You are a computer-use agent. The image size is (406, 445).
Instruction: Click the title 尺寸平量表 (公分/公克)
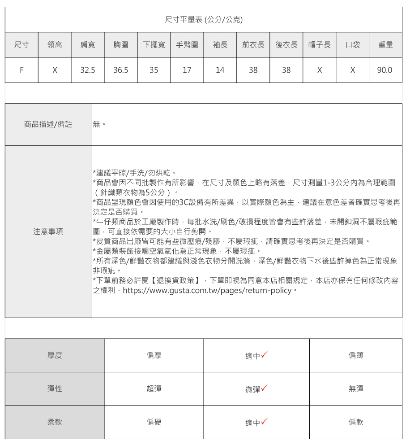pyautogui.click(x=204, y=20)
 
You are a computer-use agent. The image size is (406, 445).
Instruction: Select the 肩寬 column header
pyautogui.click(x=88, y=45)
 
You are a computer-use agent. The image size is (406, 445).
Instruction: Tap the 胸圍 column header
pyautogui.click(x=121, y=45)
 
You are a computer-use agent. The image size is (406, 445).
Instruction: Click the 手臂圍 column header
pyautogui.click(x=187, y=45)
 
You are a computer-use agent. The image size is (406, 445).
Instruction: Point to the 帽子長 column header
pyautogui.click(x=320, y=45)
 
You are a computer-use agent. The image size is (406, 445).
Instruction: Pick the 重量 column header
pyautogui.click(x=385, y=45)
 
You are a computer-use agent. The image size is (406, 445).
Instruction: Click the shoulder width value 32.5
pyautogui.click(x=88, y=70)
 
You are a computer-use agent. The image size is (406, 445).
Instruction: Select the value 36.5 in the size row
pyautogui.click(x=121, y=70)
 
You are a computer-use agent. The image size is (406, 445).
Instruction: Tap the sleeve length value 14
pyautogui.click(x=220, y=70)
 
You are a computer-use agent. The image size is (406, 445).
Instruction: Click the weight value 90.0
pyautogui.click(x=385, y=70)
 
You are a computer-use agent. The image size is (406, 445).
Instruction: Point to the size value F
pyautogui.click(x=21, y=70)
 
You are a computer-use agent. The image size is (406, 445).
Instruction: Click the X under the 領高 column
pyautogui.click(x=55, y=70)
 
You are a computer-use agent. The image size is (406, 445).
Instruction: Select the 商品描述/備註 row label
pyautogui.click(x=48, y=124)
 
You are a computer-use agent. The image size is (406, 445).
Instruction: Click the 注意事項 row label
pyautogui.click(x=48, y=231)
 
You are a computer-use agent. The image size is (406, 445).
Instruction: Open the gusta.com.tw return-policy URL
pyautogui.click(x=207, y=290)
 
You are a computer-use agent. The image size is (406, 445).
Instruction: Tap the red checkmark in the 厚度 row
pyautogui.click(x=265, y=355)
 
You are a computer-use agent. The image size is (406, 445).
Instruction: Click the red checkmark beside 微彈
pyautogui.click(x=265, y=388)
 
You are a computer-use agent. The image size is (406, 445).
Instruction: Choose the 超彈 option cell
pyautogui.click(x=154, y=389)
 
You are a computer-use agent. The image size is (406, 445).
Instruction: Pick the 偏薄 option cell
pyautogui.click(x=356, y=355)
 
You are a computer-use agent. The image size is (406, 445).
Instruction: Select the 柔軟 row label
pyautogui.click(x=55, y=422)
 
